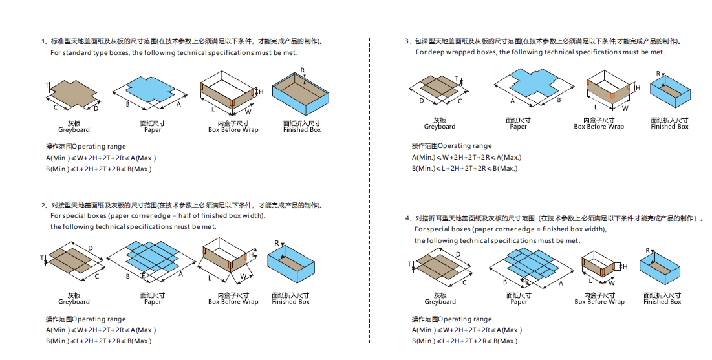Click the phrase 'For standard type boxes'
[90, 52]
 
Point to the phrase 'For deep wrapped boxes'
[455, 52]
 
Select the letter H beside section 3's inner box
[637, 88]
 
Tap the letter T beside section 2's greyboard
[43, 258]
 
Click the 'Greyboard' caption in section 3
[440, 127]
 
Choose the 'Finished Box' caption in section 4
[662, 301]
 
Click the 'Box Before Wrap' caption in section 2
[233, 301]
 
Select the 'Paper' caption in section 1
[153, 130]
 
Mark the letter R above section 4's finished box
[647, 250]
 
